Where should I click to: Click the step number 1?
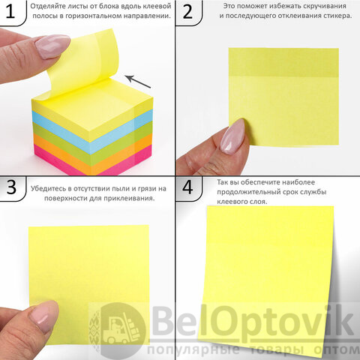10,11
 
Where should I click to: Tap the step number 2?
187,11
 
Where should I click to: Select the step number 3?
11,187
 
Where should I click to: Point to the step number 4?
187,187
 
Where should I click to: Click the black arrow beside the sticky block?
138,82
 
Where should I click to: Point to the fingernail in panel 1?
52,46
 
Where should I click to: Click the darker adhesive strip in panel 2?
283,62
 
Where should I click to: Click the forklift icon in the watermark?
121,328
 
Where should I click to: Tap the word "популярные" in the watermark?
193,350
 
